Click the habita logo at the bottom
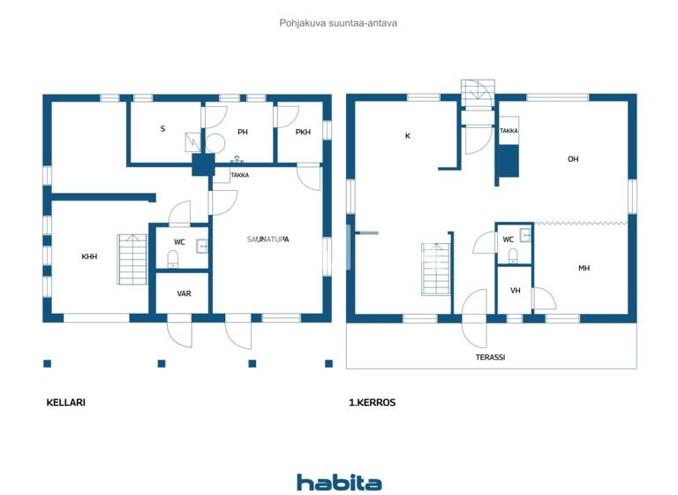339,483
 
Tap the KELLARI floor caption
65,402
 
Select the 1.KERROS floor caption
373,402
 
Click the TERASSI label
490,357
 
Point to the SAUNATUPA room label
268,240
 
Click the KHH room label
89,256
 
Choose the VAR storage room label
184,293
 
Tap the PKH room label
303,133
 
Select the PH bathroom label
242,133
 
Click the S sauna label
162,129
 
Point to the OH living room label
573,159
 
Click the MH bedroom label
584,268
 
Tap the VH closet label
515,291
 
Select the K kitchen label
407,136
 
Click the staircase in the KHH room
132,259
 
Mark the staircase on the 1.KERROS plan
436,269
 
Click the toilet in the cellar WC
173,259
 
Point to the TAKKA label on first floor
508,131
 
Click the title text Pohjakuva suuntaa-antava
338,23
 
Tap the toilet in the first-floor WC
513,255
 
